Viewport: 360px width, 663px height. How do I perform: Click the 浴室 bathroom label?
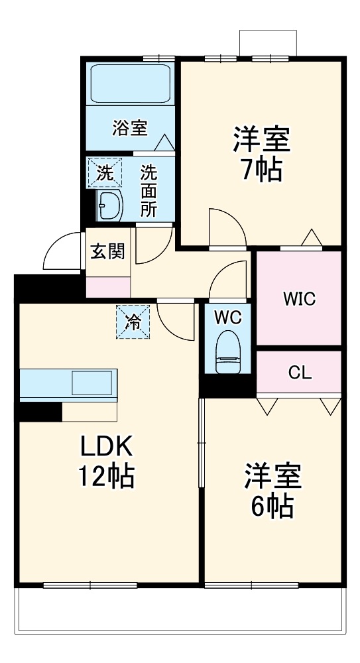point(129,127)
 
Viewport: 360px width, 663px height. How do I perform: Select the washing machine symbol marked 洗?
point(105,173)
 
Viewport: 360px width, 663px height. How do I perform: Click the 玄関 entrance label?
point(108,251)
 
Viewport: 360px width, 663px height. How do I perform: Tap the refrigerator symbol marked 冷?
point(133,322)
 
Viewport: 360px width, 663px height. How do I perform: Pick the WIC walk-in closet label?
point(299,298)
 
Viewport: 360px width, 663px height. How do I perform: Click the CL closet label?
point(299,373)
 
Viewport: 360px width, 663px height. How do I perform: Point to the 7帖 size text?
point(260,170)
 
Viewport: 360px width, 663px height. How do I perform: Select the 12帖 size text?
point(107,476)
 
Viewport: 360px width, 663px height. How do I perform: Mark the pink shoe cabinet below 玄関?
point(108,286)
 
